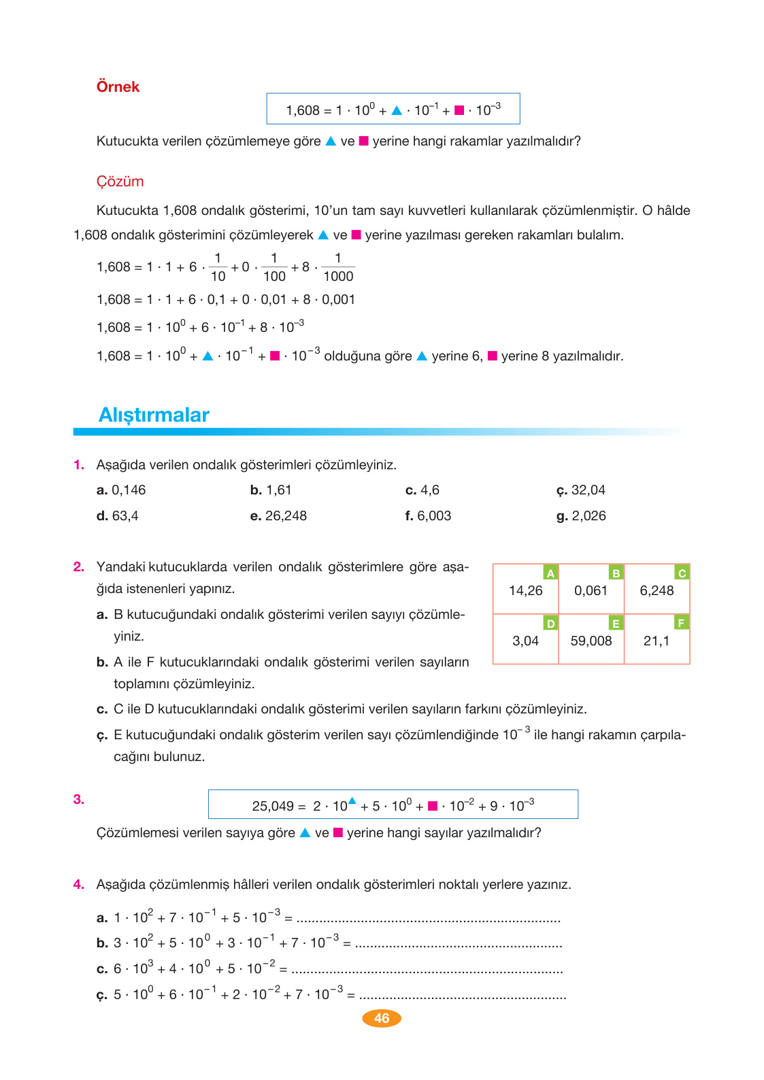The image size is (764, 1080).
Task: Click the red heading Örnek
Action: pos(118,87)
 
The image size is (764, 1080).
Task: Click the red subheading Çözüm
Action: pos(120,182)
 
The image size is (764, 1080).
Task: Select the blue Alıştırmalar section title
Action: pos(154,415)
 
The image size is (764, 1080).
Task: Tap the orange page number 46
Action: pos(382,1018)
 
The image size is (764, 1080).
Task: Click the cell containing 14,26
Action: pos(525,590)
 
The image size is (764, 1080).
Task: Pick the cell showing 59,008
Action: pos(591,641)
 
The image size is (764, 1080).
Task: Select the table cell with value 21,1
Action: pos(656,641)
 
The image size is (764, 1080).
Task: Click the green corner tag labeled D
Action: pos(550,623)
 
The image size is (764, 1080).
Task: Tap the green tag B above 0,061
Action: pos(616,573)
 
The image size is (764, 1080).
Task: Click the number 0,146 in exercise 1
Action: pos(129,490)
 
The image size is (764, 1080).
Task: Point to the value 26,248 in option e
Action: pos(286,516)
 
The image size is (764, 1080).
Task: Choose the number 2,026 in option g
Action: pos(588,516)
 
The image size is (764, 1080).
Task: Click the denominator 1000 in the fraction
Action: pos(338,276)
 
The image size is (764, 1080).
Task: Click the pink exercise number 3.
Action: pos(79,799)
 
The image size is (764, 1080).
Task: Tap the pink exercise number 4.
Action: pos(79,884)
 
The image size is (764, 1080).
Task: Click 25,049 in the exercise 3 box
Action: pos(273,807)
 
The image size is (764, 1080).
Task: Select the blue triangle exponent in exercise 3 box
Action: pos(352,800)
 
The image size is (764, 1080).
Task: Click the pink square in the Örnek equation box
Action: pos(459,110)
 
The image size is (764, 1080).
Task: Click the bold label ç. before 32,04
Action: pos(561,491)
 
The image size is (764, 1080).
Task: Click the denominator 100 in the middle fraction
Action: pos(274,276)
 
